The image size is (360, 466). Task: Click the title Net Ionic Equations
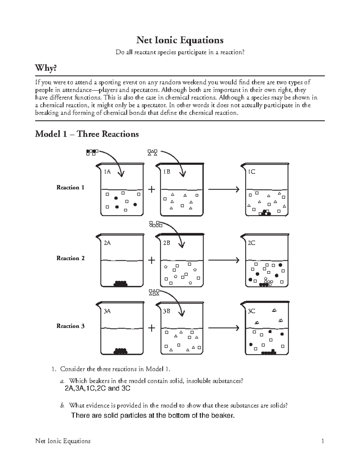pos(180,40)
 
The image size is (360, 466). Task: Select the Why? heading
pos(46,68)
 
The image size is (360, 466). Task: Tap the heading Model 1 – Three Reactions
pos(87,134)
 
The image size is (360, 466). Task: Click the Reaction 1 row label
pos(70,188)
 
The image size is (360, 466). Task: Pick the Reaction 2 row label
pos(70,258)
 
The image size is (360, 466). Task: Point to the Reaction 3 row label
pos(70,326)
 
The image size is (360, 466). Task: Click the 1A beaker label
pos(107,172)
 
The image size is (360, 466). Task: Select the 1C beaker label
pos(251,172)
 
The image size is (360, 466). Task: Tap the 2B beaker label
pos(166,243)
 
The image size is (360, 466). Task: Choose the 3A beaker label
pos(107,311)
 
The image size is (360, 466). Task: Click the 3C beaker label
pos(251,311)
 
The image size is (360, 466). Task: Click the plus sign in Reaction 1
pos(152,189)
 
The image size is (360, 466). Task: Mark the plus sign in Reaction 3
pos(152,328)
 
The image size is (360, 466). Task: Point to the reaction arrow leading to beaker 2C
pos(223,260)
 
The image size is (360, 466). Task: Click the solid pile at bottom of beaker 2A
pos(121,283)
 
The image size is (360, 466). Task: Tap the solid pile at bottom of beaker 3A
pos(121,351)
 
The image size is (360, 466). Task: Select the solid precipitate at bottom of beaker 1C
pos(265,213)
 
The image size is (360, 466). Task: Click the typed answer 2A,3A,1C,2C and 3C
pos(97,389)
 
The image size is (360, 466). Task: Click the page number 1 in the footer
pos(322,441)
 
